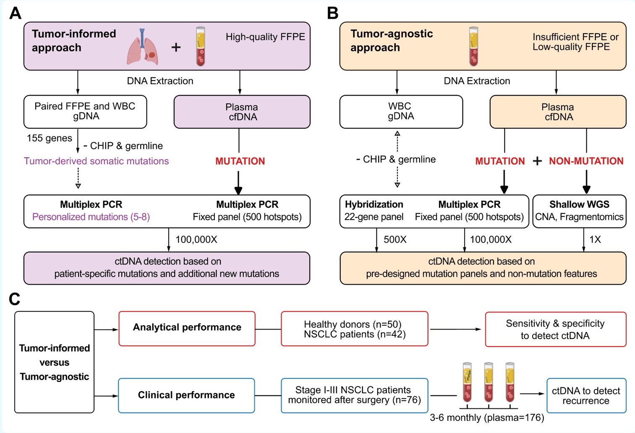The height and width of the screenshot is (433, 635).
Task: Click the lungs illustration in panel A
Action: point(143,47)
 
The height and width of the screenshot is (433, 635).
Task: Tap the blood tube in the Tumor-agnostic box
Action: point(473,46)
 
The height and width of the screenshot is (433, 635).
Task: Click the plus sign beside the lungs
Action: point(176,47)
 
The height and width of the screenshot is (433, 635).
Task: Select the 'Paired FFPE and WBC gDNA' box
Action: point(85,111)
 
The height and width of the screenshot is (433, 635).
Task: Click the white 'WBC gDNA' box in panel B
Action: point(401,111)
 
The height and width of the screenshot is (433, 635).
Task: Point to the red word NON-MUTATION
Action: point(586,161)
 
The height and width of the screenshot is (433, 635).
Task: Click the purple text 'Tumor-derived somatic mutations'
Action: point(96,161)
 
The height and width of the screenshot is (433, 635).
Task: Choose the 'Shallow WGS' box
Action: point(579,211)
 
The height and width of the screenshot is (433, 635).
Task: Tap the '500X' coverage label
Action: point(395,240)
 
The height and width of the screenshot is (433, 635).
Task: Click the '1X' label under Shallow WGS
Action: point(595,240)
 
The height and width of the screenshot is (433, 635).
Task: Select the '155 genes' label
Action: point(50,138)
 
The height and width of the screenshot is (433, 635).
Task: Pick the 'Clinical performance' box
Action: point(186,395)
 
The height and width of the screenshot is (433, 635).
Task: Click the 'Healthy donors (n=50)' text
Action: point(353,324)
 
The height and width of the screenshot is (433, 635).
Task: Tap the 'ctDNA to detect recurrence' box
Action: point(586,396)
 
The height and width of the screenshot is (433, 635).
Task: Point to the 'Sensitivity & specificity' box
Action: point(555,329)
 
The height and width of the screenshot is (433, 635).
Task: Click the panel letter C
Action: point(15,299)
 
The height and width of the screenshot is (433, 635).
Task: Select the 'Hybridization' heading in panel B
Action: point(374,205)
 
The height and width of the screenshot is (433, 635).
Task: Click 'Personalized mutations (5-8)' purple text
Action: point(91,217)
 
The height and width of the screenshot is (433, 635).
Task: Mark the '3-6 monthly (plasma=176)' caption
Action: point(487,418)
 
